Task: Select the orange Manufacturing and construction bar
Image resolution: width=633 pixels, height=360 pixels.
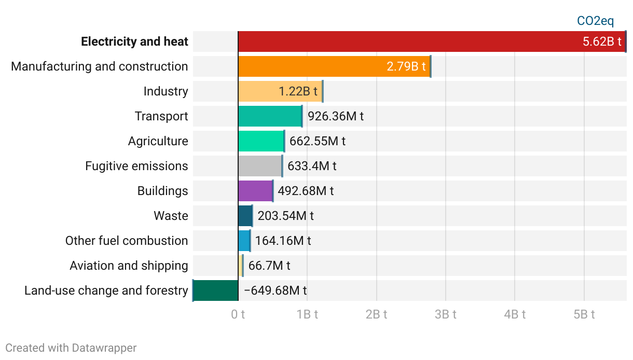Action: (311, 66)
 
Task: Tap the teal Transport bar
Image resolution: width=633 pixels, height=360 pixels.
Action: (270, 116)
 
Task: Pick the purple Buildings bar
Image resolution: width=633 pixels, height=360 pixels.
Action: (255, 191)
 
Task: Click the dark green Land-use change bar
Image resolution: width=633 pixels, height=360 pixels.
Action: (215, 290)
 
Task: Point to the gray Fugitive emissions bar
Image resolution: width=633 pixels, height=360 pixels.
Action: (260, 166)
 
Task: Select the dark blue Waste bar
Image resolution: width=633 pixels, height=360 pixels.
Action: (245, 216)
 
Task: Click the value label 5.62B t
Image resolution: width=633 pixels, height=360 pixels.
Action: (602, 42)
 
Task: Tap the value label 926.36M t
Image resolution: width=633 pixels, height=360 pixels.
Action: (336, 116)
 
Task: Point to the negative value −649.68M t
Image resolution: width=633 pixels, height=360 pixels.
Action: (275, 290)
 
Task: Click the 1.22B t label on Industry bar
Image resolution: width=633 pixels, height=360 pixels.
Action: (298, 91)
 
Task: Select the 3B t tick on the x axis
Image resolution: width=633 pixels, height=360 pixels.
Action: (446, 314)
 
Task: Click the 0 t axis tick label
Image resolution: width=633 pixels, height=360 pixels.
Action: (238, 314)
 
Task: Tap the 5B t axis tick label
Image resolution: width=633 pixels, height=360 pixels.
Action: (584, 314)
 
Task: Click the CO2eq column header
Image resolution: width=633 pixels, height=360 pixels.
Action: (595, 21)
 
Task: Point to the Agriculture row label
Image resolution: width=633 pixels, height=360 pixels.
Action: (158, 141)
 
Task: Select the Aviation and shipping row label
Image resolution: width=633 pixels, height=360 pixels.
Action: (129, 266)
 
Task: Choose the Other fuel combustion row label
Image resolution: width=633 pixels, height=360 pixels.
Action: (127, 241)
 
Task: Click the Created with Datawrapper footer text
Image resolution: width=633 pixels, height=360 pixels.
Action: (71, 348)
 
